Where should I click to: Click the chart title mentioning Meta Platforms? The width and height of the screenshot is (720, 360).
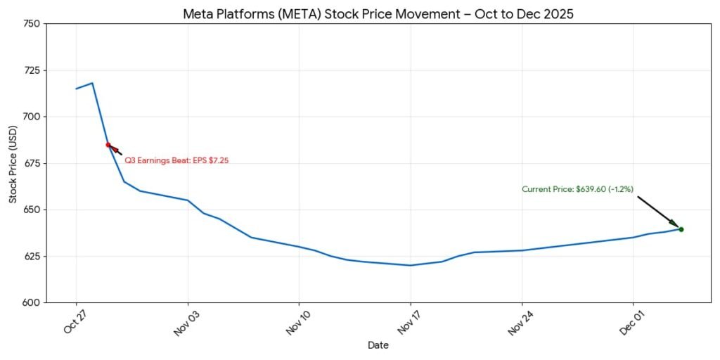click(378, 14)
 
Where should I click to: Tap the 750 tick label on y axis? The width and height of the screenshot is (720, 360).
click(32, 24)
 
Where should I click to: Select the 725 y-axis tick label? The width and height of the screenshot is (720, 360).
click(32, 70)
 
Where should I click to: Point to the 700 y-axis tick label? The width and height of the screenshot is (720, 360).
click(32, 117)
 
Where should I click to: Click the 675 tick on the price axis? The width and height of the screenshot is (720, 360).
click(32, 163)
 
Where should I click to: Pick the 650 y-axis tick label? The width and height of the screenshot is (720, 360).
click(32, 210)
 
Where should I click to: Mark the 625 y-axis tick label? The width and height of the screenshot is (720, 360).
click(32, 256)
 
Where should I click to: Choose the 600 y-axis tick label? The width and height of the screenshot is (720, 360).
click(32, 302)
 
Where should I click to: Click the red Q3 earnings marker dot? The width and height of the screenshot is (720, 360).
click(108, 145)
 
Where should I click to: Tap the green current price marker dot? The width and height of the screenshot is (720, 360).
click(681, 229)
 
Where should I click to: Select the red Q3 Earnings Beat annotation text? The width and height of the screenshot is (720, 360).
click(176, 161)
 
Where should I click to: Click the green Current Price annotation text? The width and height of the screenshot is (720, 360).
click(577, 189)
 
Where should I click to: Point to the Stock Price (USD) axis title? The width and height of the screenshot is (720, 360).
click(13, 163)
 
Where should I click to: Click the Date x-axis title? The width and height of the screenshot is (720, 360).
click(378, 345)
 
